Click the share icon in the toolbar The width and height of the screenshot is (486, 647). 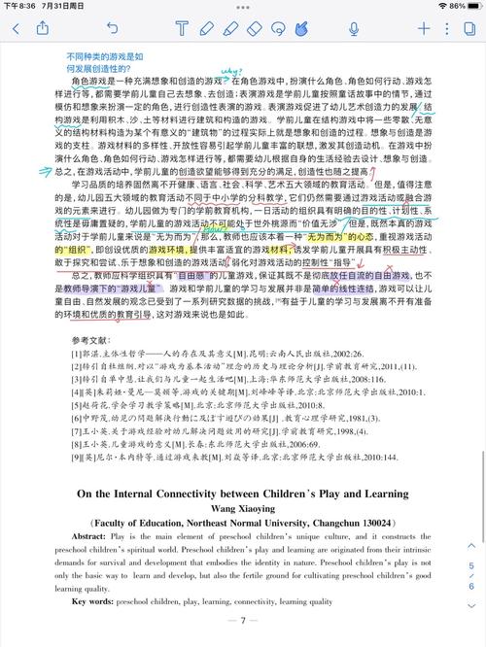click(x=55, y=28)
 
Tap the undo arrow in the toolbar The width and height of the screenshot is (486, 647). click(x=114, y=29)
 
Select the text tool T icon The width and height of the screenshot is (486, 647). click(x=181, y=29)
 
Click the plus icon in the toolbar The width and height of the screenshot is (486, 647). click(x=424, y=29)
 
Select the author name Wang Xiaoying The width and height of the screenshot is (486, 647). click(x=243, y=535)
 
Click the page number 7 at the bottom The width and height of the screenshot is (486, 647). click(x=242, y=619)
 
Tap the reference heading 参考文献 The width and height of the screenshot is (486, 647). click(x=92, y=314)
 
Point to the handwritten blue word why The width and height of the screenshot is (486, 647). click(x=231, y=71)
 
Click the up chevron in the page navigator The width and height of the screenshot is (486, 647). click(x=471, y=550)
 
